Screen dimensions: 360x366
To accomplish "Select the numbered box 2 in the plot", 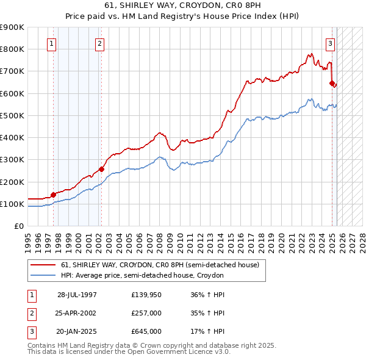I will coord(99,43).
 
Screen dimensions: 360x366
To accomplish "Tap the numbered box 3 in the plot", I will coord(330,43).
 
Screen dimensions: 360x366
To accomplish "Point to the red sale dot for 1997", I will coord(53,195).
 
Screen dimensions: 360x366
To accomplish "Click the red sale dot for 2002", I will coord(101,169).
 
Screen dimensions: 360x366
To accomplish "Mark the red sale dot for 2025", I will coord(332,83).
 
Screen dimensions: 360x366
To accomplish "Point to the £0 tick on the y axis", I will coord(18,226).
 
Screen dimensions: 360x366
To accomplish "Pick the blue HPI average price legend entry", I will coord(142,276).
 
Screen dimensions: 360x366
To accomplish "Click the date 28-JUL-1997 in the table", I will coord(77,294).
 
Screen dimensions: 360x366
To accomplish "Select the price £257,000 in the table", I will coord(146,313).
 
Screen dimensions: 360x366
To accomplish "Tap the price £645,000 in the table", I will coord(146,331).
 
